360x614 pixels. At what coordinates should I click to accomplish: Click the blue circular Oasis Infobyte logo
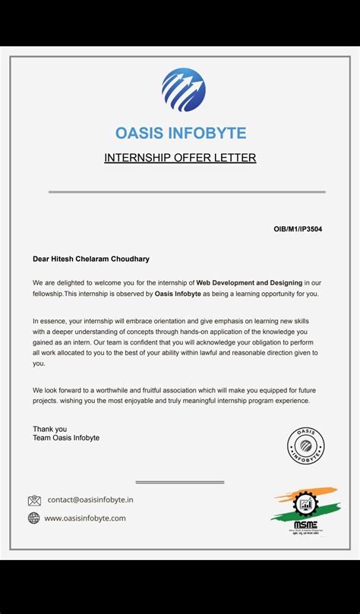click(183, 90)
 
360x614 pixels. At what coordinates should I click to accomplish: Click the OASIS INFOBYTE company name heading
click(181, 133)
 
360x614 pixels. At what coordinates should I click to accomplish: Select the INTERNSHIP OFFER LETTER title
click(180, 158)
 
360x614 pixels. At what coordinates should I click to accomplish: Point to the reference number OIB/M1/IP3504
click(297, 228)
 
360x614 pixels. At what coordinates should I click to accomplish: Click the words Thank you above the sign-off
click(49, 429)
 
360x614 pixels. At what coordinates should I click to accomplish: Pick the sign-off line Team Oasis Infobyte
click(66, 438)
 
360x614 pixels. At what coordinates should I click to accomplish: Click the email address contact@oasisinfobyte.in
click(90, 500)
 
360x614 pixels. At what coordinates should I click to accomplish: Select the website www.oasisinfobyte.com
click(85, 518)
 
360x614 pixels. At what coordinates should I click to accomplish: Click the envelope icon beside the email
click(34, 501)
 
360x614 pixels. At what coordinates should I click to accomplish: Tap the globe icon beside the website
click(34, 518)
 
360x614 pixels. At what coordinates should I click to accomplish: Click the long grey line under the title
click(187, 192)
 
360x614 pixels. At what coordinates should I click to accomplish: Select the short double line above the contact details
click(180, 482)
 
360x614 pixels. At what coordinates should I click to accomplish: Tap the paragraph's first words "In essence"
click(49, 321)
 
